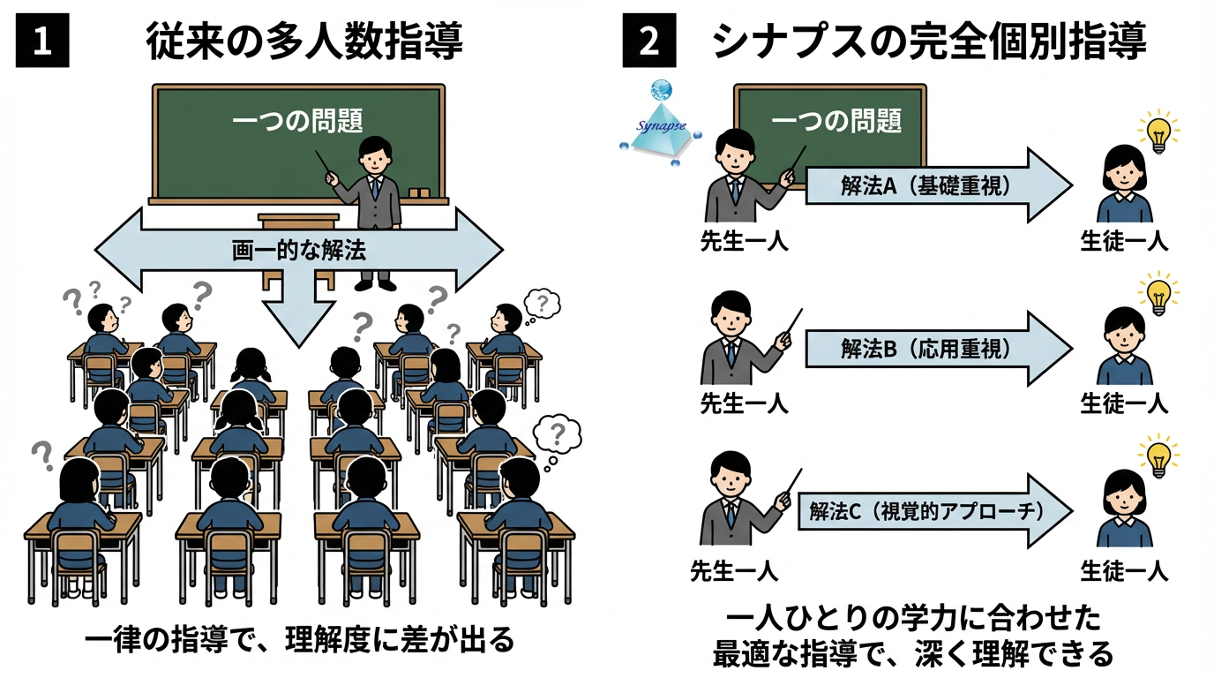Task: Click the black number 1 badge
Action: coord(41,42)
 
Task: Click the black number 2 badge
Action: coord(649,42)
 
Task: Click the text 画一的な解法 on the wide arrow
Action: coord(298,250)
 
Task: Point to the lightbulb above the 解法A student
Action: coord(1158,132)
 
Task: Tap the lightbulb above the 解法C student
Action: coord(1158,456)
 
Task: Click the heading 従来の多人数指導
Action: coord(303,41)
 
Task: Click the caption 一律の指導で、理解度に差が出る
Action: coord(298,639)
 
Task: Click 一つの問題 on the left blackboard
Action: coord(297,120)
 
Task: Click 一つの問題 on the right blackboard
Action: coord(836,120)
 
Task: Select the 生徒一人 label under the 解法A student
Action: coord(1124,241)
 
